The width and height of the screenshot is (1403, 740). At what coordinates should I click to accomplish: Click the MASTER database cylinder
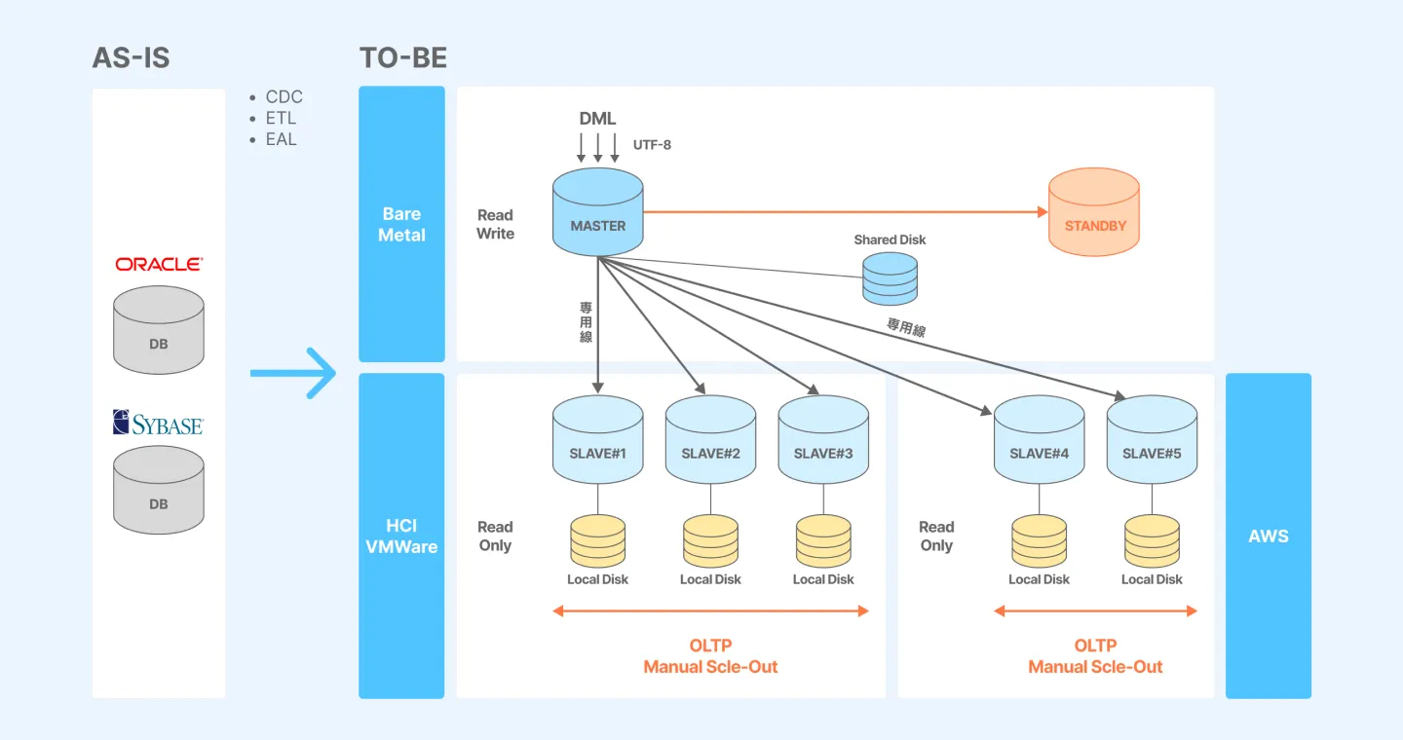click(x=597, y=213)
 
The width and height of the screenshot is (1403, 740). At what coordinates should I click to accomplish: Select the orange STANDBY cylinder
click(x=1094, y=213)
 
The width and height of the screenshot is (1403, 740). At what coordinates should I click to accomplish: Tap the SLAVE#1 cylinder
click(x=597, y=440)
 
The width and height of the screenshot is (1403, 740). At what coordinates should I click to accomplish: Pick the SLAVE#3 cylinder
click(x=822, y=440)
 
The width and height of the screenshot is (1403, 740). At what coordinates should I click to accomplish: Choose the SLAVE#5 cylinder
click(x=1152, y=440)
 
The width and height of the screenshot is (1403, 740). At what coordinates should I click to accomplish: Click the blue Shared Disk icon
click(x=890, y=278)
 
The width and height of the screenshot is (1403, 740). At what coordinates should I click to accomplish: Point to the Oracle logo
click(x=159, y=264)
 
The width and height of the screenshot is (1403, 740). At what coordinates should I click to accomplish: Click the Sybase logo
click(x=158, y=423)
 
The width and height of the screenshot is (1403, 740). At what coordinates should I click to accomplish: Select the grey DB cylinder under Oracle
click(x=159, y=330)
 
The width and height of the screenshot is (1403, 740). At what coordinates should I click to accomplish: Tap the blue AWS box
click(x=1268, y=536)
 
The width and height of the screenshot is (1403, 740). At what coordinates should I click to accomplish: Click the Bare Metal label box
click(x=401, y=224)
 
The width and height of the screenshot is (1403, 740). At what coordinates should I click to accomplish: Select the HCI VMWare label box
click(x=401, y=536)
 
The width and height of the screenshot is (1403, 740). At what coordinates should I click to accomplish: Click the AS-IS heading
click(x=131, y=57)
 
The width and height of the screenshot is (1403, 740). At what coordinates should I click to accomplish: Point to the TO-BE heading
click(x=403, y=57)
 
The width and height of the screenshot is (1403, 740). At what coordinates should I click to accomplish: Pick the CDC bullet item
click(x=284, y=96)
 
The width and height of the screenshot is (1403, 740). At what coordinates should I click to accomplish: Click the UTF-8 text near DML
click(x=652, y=145)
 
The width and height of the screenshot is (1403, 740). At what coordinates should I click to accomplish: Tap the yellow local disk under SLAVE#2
click(x=710, y=541)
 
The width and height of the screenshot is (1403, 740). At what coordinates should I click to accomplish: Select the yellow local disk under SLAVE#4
click(x=1039, y=541)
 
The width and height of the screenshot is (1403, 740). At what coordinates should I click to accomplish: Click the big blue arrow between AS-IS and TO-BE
click(x=293, y=373)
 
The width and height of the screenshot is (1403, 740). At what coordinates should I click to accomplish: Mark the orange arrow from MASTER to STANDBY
click(x=844, y=211)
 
